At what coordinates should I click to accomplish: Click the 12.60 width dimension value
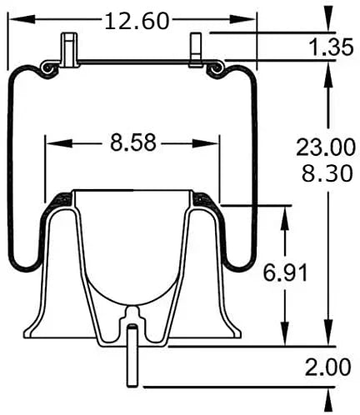[x=137, y=22]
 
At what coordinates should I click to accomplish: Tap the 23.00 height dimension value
[x=326, y=147]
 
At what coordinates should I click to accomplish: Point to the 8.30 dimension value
[x=327, y=173]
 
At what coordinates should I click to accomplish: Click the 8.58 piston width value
[x=133, y=143]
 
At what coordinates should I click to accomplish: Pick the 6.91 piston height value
[x=285, y=272]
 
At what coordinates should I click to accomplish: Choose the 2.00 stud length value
[x=327, y=367]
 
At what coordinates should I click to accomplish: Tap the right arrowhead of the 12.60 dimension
[x=242, y=19]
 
